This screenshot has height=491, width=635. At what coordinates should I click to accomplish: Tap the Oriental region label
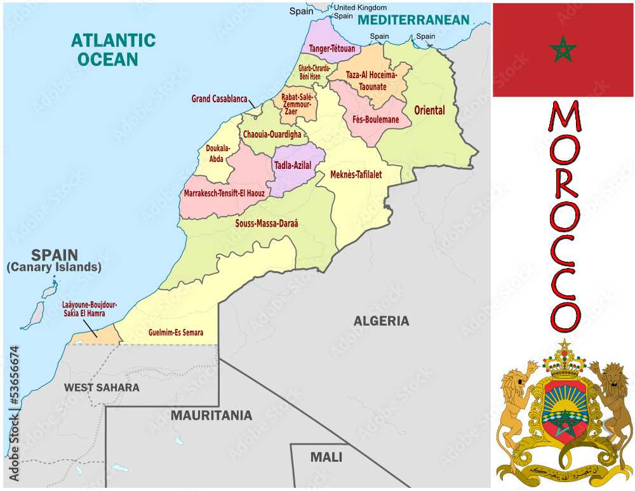429,111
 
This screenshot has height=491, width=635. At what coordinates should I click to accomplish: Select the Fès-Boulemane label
375,119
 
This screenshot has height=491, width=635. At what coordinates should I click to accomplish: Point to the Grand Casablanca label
219,99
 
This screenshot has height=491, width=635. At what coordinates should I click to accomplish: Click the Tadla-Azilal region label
292,165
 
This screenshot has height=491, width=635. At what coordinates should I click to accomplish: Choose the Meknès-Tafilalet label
356,175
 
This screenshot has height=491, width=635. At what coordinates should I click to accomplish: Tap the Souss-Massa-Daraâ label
266,224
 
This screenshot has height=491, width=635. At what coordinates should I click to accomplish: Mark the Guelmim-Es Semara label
176,332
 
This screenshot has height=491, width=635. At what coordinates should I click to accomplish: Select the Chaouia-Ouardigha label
272,135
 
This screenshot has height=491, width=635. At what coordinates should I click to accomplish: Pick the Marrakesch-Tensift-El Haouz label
224,192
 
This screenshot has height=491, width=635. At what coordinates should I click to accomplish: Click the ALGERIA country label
381,321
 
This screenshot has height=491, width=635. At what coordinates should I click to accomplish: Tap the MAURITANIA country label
211,415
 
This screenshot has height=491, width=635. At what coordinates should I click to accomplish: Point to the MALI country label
326,457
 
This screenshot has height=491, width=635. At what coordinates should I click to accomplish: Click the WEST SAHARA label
102,387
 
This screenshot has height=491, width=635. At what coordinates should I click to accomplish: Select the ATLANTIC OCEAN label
113,50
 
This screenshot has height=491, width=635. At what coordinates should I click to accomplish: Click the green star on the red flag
563,49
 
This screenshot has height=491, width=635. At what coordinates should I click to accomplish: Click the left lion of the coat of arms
516,407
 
